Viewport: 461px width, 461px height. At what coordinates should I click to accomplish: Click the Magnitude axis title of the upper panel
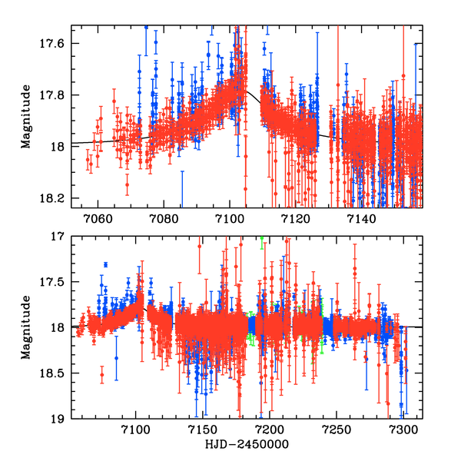26,116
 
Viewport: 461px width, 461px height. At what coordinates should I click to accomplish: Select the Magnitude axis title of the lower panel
26,328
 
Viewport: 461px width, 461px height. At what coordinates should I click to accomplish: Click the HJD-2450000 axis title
246,445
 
